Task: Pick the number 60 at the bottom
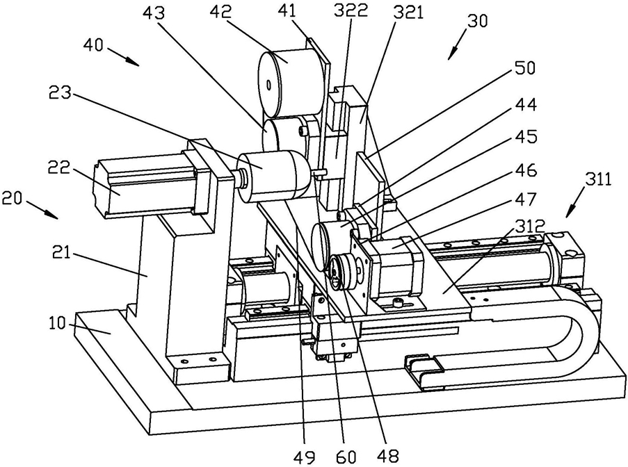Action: click(x=346, y=456)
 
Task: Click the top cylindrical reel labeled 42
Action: click(x=292, y=82)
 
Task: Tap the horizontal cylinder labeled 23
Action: click(x=275, y=173)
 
